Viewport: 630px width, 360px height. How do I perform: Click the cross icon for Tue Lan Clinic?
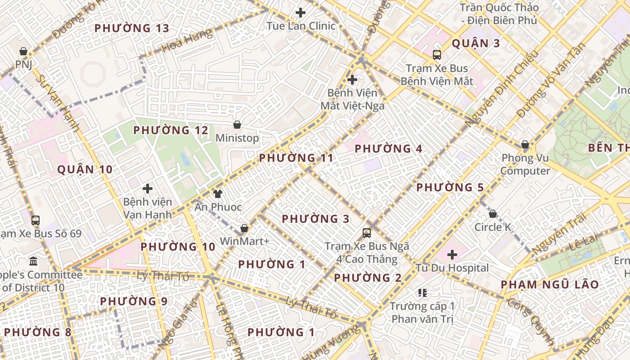[x=300, y=13]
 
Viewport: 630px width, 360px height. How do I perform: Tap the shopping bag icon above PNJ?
[x=23, y=51]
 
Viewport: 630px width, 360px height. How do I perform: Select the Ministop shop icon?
[x=237, y=125]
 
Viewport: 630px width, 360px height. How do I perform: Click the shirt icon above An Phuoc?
[x=217, y=194]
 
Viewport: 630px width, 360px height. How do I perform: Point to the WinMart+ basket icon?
[x=244, y=228]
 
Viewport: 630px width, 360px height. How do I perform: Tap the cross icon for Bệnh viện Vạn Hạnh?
[x=147, y=189]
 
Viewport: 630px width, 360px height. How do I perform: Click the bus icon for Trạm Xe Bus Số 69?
[x=36, y=220]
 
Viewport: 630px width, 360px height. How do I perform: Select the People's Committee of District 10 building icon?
[x=33, y=261]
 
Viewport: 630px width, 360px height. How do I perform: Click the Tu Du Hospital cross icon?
[x=452, y=255]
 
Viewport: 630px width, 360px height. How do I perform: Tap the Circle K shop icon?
[x=493, y=214]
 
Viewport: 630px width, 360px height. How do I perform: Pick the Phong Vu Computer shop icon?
[x=525, y=144]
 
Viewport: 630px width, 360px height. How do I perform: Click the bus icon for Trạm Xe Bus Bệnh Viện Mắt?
[x=436, y=55]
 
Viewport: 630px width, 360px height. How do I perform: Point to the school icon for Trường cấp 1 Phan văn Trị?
[x=422, y=293]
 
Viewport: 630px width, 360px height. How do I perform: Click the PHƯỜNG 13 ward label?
[x=132, y=28]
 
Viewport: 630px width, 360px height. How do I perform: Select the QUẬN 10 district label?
[x=85, y=170]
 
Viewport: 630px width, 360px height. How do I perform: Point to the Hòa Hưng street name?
[x=186, y=40]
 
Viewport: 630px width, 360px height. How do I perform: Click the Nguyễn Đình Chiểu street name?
[x=502, y=88]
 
